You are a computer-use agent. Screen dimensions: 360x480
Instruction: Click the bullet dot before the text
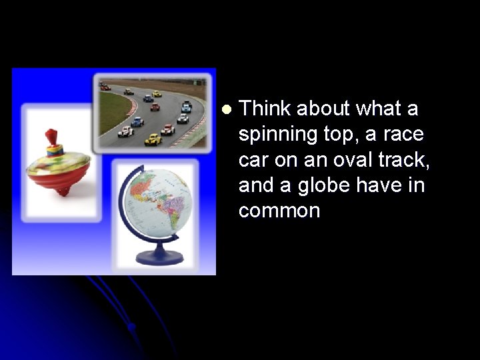click(x=227, y=109)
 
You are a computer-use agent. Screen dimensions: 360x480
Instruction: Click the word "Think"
click(x=265, y=109)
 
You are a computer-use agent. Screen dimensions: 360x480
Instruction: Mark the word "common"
click(x=279, y=211)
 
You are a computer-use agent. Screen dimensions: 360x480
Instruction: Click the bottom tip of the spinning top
click(x=62, y=193)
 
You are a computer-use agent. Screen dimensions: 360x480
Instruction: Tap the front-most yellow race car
click(x=153, y=139)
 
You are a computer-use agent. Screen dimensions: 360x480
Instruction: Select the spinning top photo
click(x=59, y=163)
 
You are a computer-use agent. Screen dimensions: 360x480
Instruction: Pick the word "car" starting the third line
click(x=253, y=160)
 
